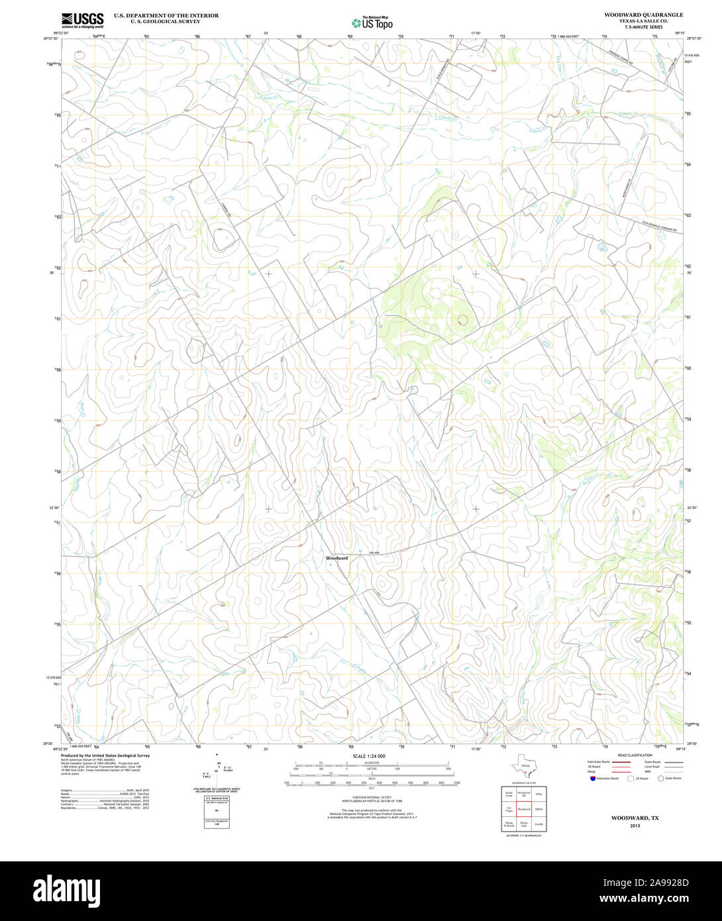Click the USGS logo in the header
tap(82, 19)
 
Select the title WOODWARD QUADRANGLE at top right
tap(643, 15)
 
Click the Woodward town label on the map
tap(337, 559)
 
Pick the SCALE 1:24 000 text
tap(369, 756)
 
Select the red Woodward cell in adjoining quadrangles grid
tap(523, 809)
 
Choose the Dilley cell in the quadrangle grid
tap(539, 793)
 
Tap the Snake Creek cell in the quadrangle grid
tap(509, 793)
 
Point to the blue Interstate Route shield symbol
tap(592, 779)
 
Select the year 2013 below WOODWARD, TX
tap(635, 826)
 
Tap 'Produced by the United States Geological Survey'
tap(105, 755)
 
